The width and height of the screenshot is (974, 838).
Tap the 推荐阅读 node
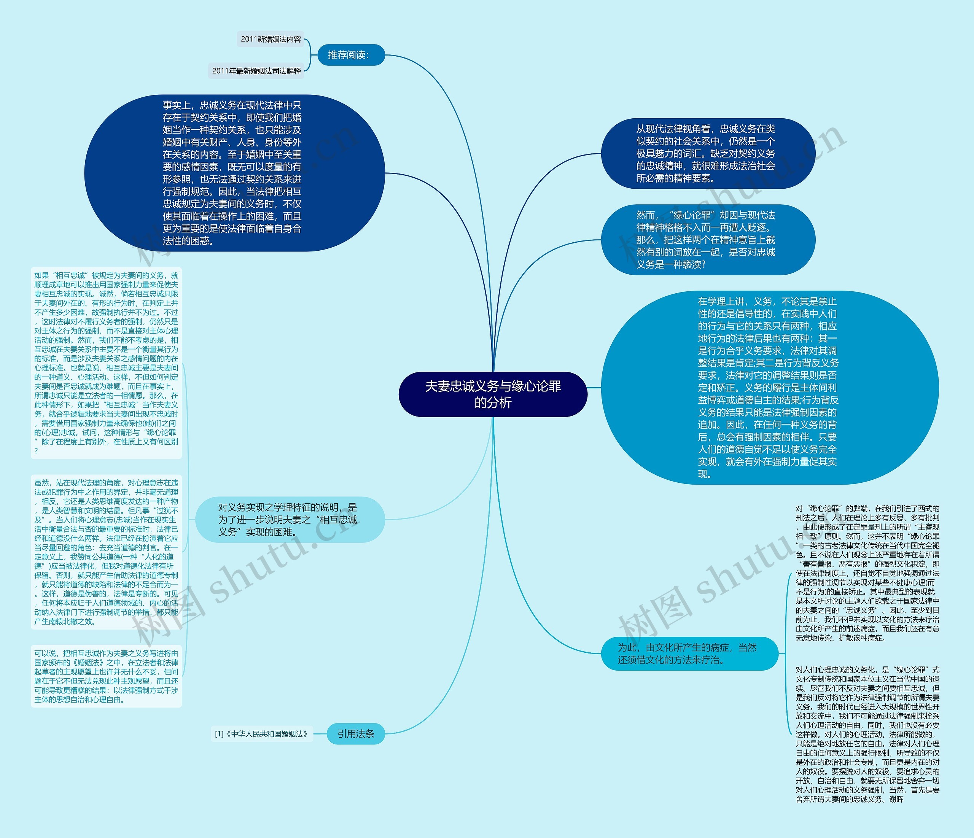[351, 55]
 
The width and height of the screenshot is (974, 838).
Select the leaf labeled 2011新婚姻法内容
[271, 39]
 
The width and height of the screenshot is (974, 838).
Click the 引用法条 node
[355, 734]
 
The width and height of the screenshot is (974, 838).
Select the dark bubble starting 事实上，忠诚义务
[234, 173]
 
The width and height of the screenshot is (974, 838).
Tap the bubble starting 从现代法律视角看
[707, 153]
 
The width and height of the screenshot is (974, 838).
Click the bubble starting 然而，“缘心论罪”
[707, 240]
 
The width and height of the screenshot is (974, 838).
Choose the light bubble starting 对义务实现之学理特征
[290, 519]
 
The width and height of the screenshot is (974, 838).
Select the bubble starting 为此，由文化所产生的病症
[689, 653]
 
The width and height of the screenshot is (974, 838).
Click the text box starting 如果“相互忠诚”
[106, 363]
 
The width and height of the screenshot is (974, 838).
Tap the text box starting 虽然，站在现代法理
[106, 552]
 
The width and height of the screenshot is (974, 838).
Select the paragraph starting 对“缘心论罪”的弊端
[867, 573]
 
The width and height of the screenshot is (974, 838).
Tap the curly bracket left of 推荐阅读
[309, 55]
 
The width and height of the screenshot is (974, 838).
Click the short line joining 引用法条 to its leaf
[320, 734]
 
